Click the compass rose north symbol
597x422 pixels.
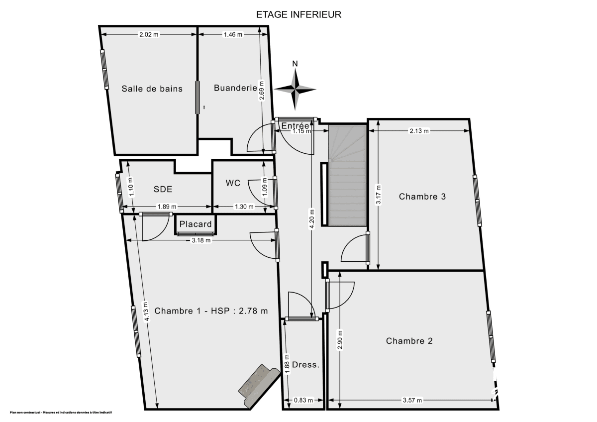click(295, 89)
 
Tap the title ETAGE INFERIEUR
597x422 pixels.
click(298, 14)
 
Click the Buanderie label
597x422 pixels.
click(235, 88)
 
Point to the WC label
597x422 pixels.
click(233, 183)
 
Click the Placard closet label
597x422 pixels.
click(196, 224)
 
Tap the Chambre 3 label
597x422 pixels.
click(422, 197)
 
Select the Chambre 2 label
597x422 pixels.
click(409, 341)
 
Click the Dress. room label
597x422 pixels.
click(305, 365)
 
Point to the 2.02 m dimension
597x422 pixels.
click(149, 34)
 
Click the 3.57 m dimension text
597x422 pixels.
click(412, 400)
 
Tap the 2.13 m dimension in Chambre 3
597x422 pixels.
click(418, 131)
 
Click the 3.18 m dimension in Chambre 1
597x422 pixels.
click(201, 240)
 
